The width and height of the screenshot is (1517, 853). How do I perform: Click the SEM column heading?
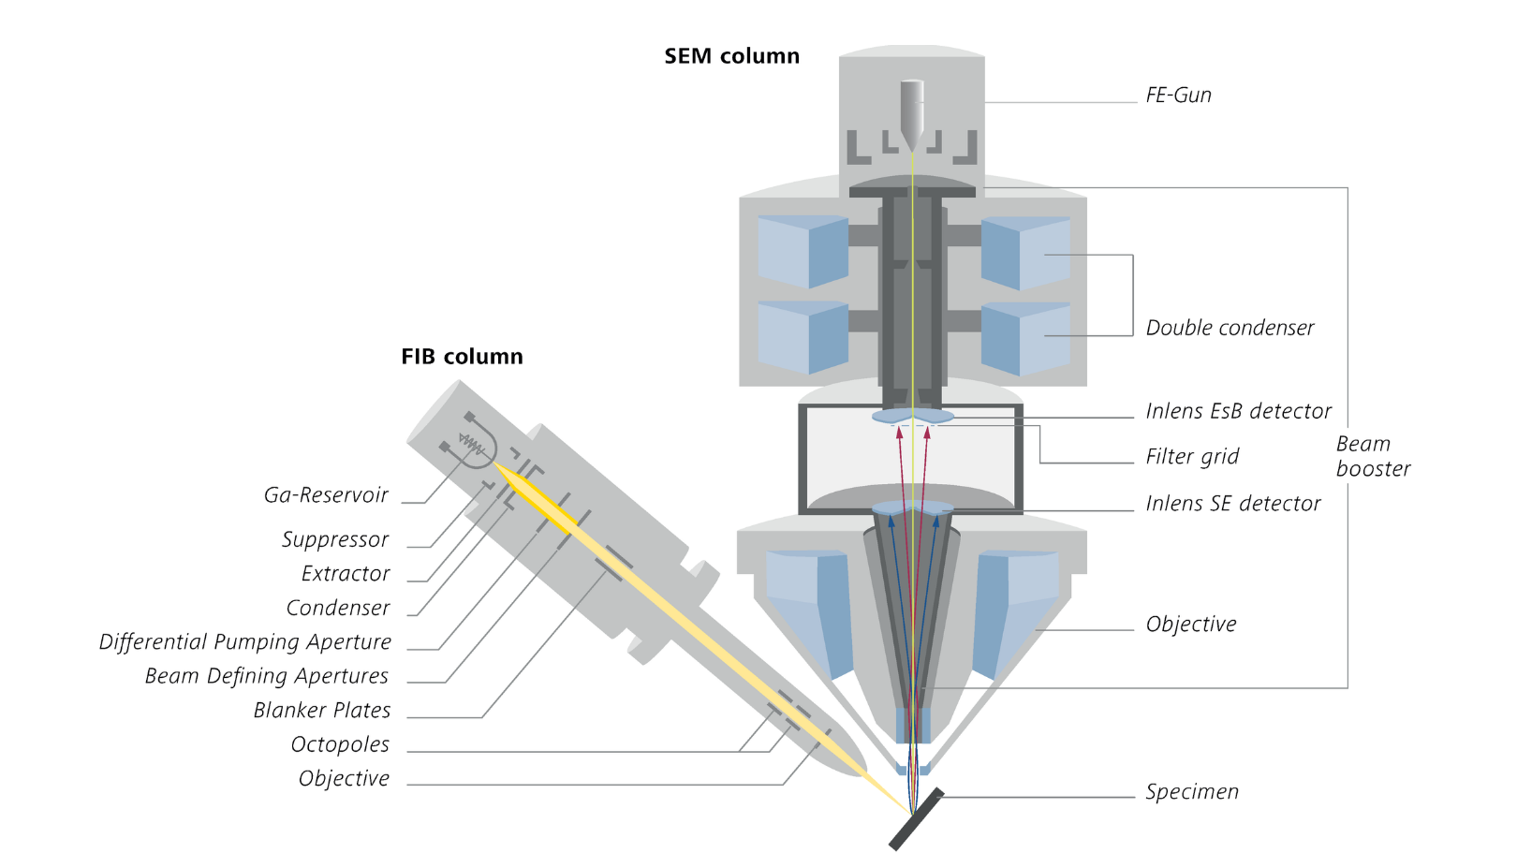pyautogui.click(x=731, y=56)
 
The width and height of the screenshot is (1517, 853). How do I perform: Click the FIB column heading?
pyautogui.click(x=462, y=357)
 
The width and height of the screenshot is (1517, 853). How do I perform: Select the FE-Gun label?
pyautogui.click(x=1178, y=96)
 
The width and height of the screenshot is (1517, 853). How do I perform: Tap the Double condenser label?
pyautogui.click(x=1230, y=329)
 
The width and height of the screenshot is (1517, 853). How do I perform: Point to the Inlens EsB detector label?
pyautogui.click(x=1238, y=411)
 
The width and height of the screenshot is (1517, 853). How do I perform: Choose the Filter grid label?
pyautogui.click(x=1192, y=457)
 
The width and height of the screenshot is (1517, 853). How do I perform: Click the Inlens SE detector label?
pyautogui.click(x=1232, y=504)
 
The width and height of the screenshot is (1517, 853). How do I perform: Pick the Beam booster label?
pyautogui.click(x=1372, y=456)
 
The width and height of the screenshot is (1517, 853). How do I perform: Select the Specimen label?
pyautogui.click(x=1192, y=792)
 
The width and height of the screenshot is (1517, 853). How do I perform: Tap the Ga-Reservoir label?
pyautogui.click(x=326, y=495)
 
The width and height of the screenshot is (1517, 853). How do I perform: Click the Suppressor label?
pyautogui.click(x=334, y=540)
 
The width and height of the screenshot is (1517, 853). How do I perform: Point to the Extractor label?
pyautogui.click(x=346, y=574)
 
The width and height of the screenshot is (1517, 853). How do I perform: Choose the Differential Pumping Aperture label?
pyautogui.click(x=245, y=642)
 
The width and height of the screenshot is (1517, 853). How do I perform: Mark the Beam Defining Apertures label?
pyautogui.click(x=266, y=676)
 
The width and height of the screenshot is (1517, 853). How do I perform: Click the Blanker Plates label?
pyautogui.click(x=321, y=711)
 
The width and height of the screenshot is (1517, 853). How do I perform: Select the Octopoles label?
pyautogui.click(x=340, y=744)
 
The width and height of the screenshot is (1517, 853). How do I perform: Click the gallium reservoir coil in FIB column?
pyautogui.click(x=472, y=445)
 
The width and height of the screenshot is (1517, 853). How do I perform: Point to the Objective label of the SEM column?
pyautogui.click(x=1191, y=625)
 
